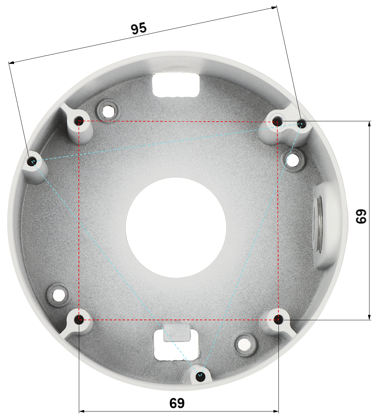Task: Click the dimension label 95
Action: [x=139, y=28]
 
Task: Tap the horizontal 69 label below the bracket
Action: [x=177, y=403]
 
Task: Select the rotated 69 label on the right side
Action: [x=361, y=216]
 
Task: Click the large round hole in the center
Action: [x=176, y=228]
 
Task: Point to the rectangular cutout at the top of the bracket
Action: [x=176, y=84]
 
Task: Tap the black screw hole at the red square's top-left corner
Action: [x=78, y=121]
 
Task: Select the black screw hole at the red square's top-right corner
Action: [x=277, y=122]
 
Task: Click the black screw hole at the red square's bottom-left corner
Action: [x=79, y=319]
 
